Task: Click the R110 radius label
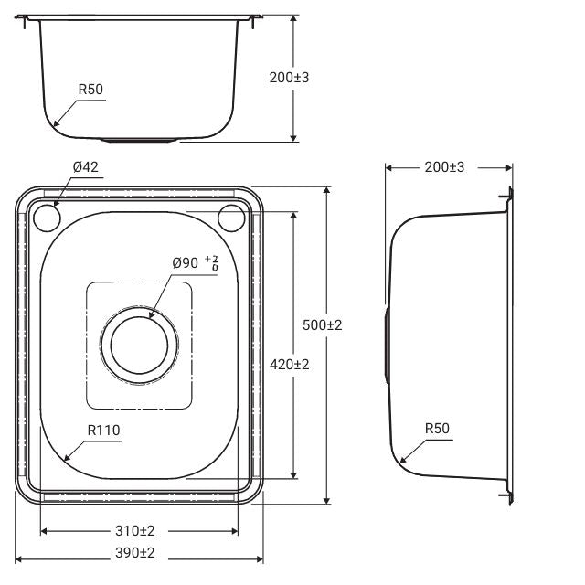(x=104, y=429)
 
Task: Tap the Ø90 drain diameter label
(x=186, y=263)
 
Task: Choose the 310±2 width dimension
(x=135, y=530)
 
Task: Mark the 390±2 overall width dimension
(x=135, y=552)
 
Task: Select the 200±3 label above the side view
(x=445, y=167)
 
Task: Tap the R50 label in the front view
(x=90, y=90)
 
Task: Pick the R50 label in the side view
(x=437, y=429)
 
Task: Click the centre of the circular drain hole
(x=140, y=346)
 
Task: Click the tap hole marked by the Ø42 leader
(x=47, y=218)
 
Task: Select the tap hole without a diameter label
(x=232, y=218)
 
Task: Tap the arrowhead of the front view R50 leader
(x=53, y=124)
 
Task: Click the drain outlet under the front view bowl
(x=140, y=140)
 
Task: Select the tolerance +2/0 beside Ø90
(x=215, y=263)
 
